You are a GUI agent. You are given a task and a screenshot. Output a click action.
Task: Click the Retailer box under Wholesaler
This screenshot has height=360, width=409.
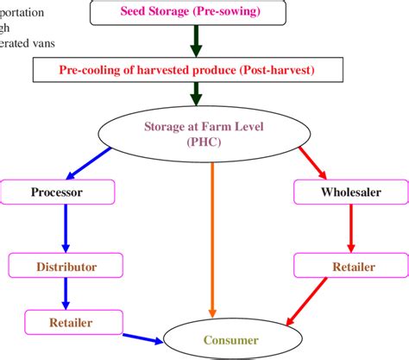(x=351, y=267)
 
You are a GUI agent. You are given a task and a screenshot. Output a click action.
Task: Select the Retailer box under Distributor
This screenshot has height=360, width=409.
(x=72, y=323)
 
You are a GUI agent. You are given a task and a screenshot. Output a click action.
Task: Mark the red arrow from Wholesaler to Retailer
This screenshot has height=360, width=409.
(x=349, y=228)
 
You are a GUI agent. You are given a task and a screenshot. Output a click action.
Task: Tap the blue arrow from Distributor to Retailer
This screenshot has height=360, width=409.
(x=64, y=294)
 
